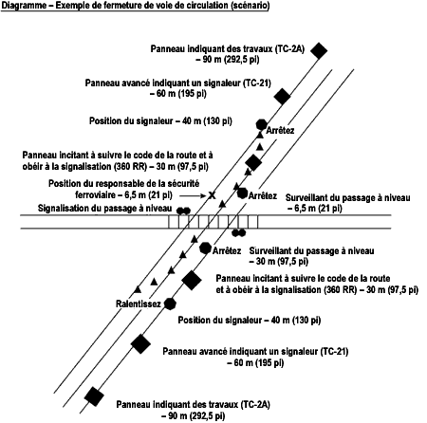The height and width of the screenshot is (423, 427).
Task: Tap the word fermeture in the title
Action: (x=120, y=6)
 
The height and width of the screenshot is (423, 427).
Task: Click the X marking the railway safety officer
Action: (x=212, y=195)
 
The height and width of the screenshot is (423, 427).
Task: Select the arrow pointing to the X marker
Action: (x=193, y=196)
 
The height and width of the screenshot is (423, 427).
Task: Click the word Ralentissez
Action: (x=139, y=304)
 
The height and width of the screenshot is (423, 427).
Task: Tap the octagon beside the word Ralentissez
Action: (x=170, y=303)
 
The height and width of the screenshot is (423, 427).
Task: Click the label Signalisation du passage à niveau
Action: (x=105, y=209)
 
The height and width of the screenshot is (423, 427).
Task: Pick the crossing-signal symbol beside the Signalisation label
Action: (x=183, y=211)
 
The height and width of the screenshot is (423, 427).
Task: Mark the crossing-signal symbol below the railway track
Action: (x=238, y=233)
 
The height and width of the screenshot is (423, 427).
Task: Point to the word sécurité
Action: (x=183, y=184)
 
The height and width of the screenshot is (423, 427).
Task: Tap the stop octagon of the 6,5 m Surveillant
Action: (x=242, y=193)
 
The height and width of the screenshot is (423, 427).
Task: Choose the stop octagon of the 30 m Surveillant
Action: (x=206, y=248)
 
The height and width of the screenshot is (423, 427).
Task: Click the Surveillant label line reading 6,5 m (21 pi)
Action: (x=315, y=209)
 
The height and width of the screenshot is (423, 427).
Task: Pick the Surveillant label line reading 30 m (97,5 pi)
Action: (x=279, y=262)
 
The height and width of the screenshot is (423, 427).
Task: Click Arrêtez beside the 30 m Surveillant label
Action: (x=227, y=251)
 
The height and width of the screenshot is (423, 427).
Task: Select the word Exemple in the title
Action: (x=73, y=6)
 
